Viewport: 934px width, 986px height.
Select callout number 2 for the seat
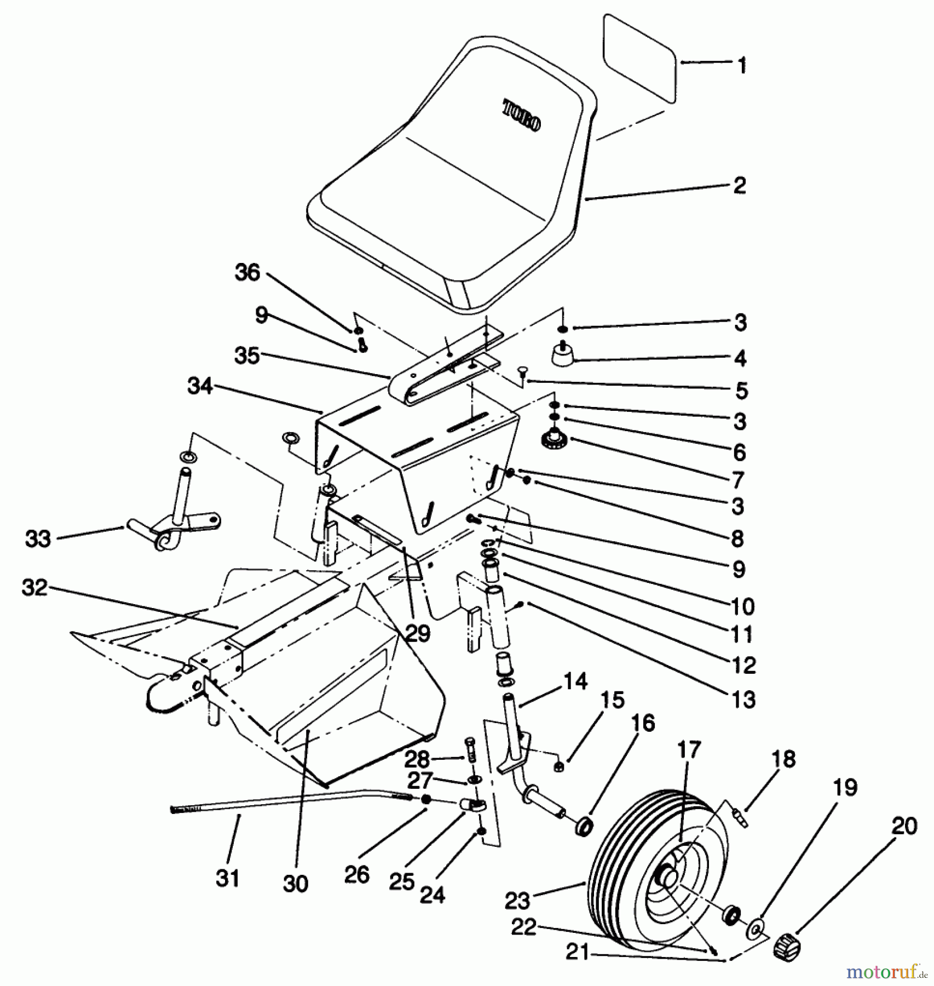(739, 186)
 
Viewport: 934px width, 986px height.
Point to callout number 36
(247, 272)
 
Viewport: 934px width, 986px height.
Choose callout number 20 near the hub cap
(904, 826)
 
